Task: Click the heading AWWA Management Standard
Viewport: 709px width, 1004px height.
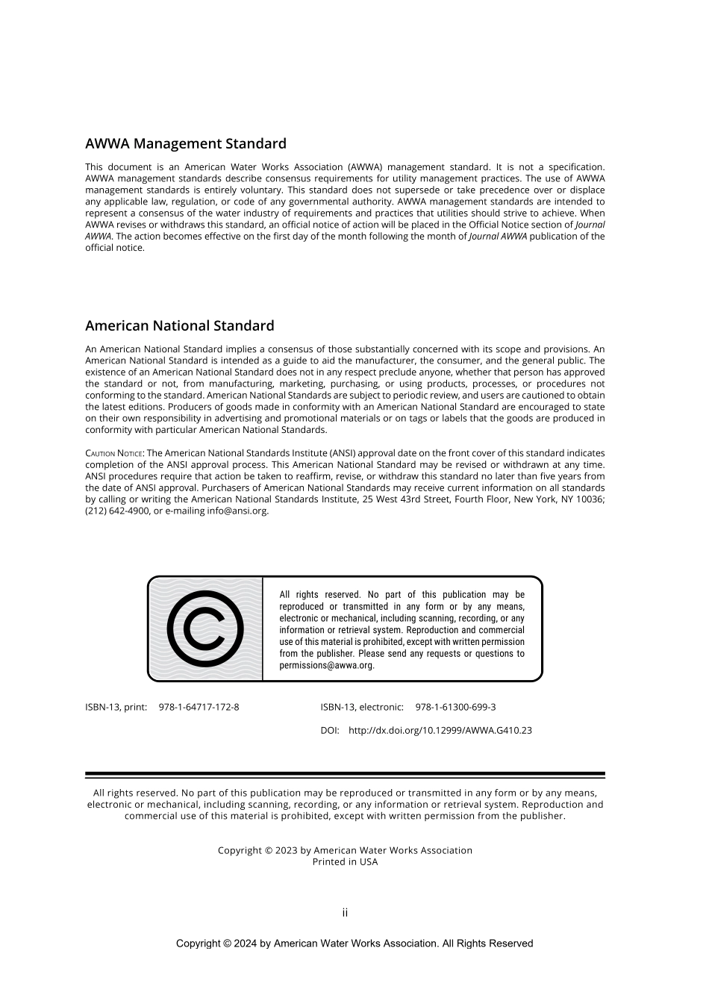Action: point(185,144)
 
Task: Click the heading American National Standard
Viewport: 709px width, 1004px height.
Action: point(179,326)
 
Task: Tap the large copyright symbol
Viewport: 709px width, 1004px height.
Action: point(205,629)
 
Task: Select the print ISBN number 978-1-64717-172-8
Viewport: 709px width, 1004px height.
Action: point(199,707)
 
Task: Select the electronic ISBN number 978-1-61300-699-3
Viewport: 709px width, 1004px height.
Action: point(455,707)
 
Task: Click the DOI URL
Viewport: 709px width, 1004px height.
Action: point(440,731)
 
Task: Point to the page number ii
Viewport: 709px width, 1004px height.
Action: point(345,912)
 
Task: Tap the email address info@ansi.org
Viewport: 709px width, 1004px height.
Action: point(237,511)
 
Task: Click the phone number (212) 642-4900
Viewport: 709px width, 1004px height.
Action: point(118,511)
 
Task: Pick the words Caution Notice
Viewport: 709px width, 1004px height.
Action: point(113,453)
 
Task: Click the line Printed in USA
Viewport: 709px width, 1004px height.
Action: point(345,862)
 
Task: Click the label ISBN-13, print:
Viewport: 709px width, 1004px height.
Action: point(116,707)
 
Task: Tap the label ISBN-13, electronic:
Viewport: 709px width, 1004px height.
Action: point(362,707)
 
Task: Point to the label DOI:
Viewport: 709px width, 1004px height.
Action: point(330,731)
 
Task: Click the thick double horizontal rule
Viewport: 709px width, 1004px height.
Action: point(345,776)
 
